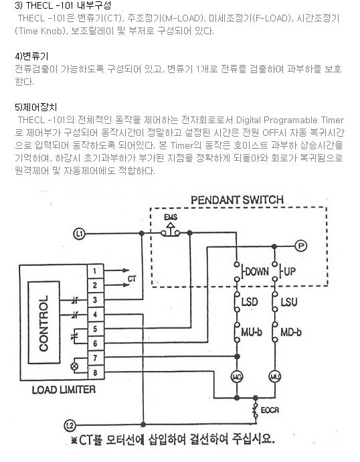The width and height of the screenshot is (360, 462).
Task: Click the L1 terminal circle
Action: pyautogui.click(x=79, y=234)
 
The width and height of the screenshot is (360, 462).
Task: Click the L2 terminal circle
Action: pyautogui.click(x=70, y=425)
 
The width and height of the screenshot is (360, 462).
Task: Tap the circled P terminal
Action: pyautogui.click(x=301, y=246)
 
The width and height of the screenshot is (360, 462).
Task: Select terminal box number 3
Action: pyautogui.click(x=96, y=300)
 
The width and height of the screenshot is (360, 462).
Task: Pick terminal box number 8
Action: pyautogui.click(x=96, y=372)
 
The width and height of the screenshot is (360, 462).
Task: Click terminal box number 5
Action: pyautogui.click(x=96, y=329)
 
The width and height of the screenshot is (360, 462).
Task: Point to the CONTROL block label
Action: pyautogui.click(x=43, y=323)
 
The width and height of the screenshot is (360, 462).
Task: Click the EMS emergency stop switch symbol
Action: pyautogui.click(x=171, y=230)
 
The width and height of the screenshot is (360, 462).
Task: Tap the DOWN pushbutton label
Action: pyautogui.click(x=257, y=271)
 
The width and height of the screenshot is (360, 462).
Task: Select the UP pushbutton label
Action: pyautogui.click(x=290, y=271)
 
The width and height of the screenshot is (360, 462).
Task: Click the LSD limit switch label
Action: pyautogui.click(x=250, y=302)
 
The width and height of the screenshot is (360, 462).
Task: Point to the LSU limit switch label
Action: pyautogui.click(x=289, y=302)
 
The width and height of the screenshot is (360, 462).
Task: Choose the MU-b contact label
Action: pyautogui.click(x=252, y=332)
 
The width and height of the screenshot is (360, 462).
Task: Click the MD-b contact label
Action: pyautogui.click(x=291, y=332)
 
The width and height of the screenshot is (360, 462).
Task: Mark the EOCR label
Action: pyautogui.click(x=270, y=410)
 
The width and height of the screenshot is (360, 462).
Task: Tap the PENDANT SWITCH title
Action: pyautogui.click(x=238, y=200)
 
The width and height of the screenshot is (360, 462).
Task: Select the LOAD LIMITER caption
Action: pyautogui.click(x=64, y=390)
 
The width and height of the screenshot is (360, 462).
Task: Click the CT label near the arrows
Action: pyautogui.click(x=132, y=279)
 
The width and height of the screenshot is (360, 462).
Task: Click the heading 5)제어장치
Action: pyautogui.click(x=36, y=107)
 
